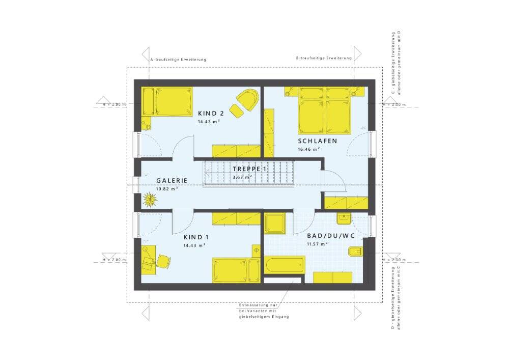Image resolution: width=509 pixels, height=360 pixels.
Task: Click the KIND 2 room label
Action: pos(211,114)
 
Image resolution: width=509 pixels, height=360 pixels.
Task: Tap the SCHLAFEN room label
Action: pos(318,141)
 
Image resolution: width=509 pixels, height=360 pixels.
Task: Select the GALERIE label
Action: pos(172,180)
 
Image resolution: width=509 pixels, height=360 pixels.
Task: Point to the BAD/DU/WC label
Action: pos(331,236)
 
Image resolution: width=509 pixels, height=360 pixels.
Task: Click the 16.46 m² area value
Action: pos(309,150)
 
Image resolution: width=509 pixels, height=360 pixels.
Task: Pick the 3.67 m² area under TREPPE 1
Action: pos(242,177)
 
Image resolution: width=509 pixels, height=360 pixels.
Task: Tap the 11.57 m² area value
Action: pos(317,244)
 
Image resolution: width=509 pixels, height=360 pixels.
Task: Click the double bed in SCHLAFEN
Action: pos(325,110)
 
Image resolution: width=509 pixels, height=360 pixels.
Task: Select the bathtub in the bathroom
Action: pos(285,265)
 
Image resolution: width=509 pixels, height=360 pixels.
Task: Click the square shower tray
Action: pos(275,224)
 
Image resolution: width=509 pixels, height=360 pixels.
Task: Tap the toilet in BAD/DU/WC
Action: pos(355,252)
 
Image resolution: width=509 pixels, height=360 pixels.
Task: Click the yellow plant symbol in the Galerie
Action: pos(150,199)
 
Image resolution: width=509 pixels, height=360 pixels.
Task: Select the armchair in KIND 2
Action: pos(247,100)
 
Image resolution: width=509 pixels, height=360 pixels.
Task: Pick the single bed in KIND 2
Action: pos(167,101)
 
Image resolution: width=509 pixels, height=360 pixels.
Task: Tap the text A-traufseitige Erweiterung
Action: pos(179,60)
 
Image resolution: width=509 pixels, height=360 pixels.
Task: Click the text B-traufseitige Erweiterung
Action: pos(324,58)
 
